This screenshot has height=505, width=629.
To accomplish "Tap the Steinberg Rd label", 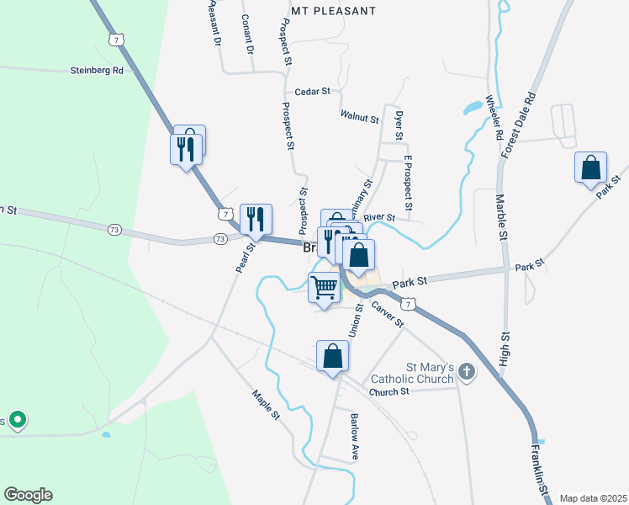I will pos(97,71).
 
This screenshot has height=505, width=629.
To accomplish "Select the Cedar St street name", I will pos(312,92).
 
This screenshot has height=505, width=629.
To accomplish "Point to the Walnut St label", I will pos(359,116).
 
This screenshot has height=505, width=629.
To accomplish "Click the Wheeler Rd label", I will pos(494,118).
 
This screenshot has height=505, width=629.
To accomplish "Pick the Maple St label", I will pos(266,404).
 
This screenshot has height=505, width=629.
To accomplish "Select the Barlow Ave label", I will pos(355,435).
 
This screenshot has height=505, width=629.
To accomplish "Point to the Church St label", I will pos(388,391).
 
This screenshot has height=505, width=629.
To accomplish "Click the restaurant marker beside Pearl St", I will pos(255,219).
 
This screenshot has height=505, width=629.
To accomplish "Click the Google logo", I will pos(28,495).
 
